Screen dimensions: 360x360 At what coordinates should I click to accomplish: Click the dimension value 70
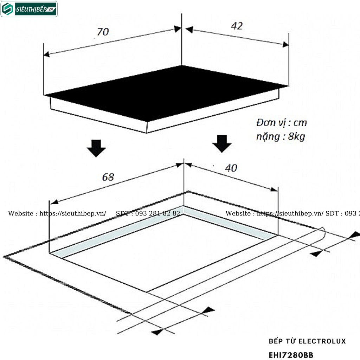coord(103,32)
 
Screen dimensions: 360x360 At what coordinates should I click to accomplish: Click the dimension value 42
coord(237,26)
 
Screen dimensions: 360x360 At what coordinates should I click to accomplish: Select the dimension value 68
coord(108,177)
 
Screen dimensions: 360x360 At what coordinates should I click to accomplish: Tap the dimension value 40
coord(231,168)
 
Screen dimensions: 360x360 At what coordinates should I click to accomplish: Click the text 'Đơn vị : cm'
coord(281,123)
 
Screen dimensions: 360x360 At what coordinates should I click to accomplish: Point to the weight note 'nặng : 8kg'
coord(280,136)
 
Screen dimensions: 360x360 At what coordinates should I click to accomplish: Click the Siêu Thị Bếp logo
coord(29,9)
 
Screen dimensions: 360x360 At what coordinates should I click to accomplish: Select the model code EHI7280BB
coord(291,355)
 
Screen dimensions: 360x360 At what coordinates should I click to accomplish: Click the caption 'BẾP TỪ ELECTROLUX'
coord(307,341)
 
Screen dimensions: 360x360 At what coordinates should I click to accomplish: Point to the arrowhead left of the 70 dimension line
coord(46,54)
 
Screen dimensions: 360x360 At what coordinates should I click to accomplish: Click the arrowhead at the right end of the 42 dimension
coord(285,44)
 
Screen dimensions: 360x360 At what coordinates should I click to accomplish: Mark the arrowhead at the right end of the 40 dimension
coord(274,189)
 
